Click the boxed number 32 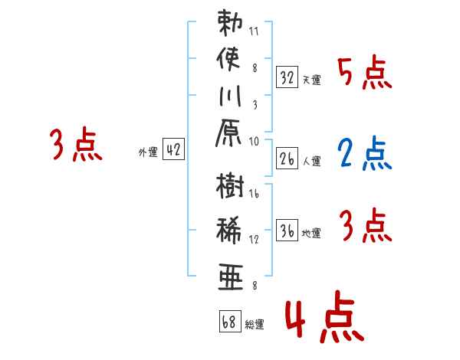coord(287,77)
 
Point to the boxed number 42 coord(173,150)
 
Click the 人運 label coord(311,161)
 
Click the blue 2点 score coord(364,153)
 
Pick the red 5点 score coord(364,74)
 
